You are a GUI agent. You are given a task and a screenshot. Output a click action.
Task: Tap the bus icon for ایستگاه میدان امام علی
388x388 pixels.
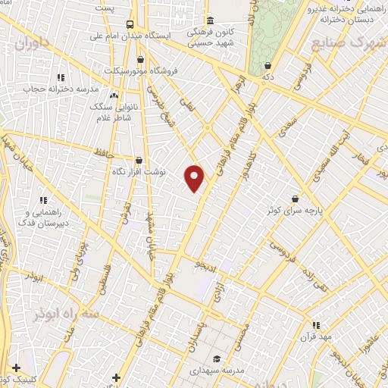(131, 24)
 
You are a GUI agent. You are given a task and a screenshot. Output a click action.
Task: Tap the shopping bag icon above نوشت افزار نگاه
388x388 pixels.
(139, 160)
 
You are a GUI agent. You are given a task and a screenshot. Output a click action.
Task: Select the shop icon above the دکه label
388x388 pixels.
(268, 66)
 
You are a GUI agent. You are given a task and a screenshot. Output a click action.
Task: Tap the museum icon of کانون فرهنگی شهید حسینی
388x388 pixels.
(210, 20)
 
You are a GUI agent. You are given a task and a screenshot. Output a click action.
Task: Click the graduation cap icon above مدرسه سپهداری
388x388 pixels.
(217, 359)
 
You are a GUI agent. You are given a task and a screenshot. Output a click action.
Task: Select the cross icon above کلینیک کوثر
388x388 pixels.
(17, 367)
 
